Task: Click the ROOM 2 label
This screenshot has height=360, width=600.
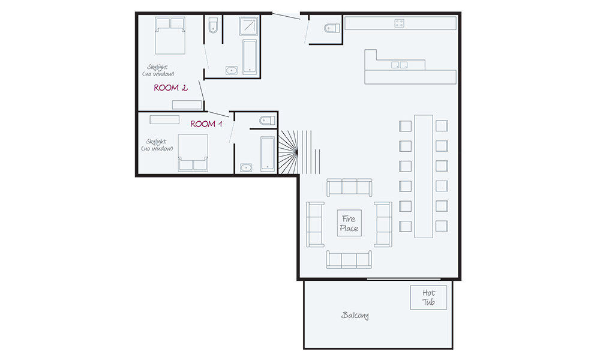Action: click(170, 88)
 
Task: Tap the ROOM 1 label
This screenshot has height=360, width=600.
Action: click(206, 124)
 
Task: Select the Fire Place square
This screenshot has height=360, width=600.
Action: click(349, 224)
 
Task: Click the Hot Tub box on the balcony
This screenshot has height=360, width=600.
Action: click(428, 297)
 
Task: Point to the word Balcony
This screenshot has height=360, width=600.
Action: click(355, 315)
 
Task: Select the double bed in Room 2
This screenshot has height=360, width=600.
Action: click(170, 36)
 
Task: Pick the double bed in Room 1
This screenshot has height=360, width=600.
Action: click(192, 153)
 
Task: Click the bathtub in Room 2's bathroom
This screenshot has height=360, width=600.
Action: click(250, 56)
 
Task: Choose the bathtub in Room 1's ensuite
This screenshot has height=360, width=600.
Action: click(268, 154)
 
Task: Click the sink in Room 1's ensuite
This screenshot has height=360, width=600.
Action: click(246, 167)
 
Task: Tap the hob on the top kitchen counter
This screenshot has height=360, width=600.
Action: click(399, 23)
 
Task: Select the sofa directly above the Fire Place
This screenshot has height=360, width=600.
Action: click(349, 187)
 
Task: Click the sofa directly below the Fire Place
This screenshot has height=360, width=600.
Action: click(349, 259)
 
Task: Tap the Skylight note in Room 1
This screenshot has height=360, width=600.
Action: click(157, 145)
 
